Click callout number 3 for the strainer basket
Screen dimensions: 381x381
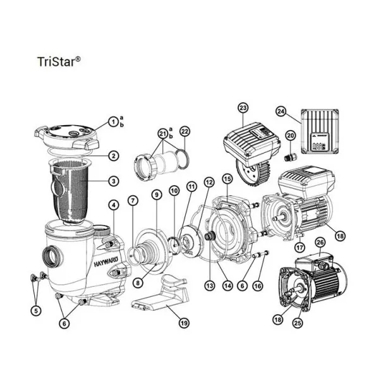pos(113,181)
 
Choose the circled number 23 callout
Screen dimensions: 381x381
pos(244,107)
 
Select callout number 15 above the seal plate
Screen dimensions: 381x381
pos(227,180)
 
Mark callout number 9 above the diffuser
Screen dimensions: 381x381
pos(156,194)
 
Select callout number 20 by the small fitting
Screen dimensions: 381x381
pos(290,135)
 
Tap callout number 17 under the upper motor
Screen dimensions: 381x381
pos(299,247)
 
